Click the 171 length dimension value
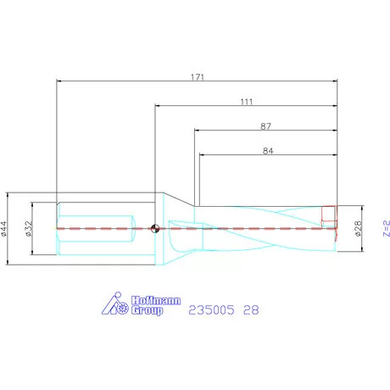[198, 76]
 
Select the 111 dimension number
[247, 102]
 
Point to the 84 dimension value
[267, 151]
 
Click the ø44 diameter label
[6, 227]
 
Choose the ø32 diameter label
[29, 227]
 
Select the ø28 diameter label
[358, 227]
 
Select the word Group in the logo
[145, 311]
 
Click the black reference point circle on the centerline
[154, 227]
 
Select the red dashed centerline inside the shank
[93, 228]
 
